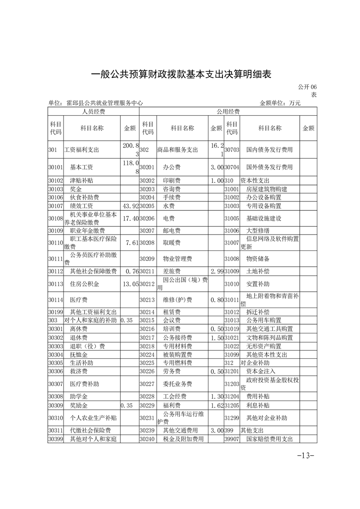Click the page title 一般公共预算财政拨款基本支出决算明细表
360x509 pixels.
point(180,74)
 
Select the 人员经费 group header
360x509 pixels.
point(93,112)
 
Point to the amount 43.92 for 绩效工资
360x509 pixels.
point(129,206)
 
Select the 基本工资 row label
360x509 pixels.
point(82,167)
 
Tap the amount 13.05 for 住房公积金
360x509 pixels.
point(129,284)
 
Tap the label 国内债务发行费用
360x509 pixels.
point(269,149)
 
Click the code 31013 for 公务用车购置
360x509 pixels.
point(232,320)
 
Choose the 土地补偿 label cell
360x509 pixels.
point(258,271)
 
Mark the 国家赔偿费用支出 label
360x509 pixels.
point(269,439)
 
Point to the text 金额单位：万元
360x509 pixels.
point(280,103)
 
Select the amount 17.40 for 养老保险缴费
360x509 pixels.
point(129,219)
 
